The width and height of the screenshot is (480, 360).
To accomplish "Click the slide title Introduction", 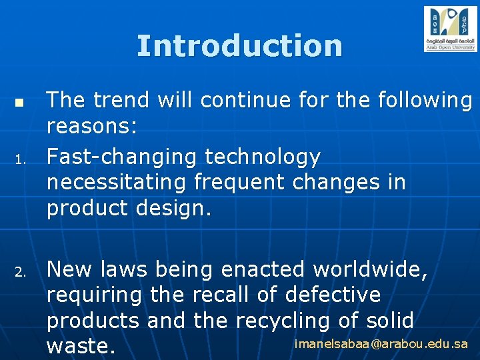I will point(239,46).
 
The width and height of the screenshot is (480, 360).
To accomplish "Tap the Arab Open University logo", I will point(450,29).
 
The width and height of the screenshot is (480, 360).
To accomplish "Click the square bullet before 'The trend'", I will point(19,104).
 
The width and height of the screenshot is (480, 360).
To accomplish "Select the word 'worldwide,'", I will point(371,269).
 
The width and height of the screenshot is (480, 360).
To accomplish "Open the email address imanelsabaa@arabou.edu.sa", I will point(381,344).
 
